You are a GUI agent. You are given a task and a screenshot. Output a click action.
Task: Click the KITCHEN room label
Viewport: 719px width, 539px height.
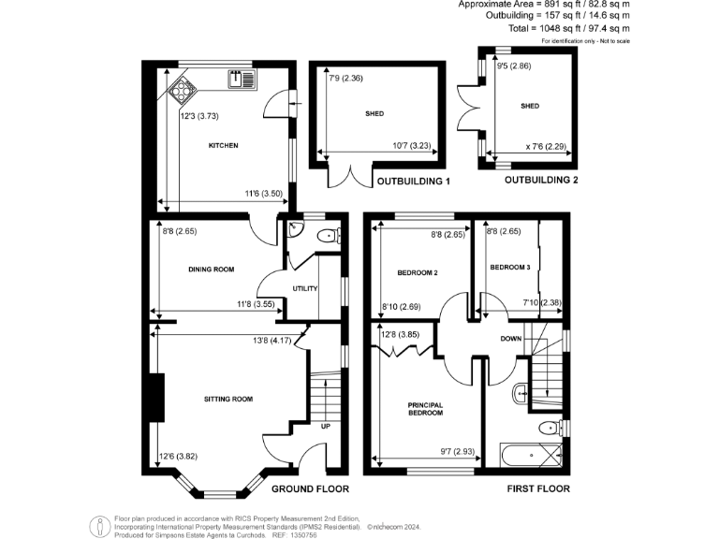pyautogui.click(x=223, y=146)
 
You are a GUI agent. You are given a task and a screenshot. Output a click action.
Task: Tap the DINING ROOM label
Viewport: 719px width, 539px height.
pyautogui.click(x=211, y=269)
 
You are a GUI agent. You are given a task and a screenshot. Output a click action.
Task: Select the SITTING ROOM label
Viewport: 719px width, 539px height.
pyautogui.click(x=228, y=400)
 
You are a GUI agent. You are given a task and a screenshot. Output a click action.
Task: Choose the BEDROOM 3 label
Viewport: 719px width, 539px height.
pyautogui.click(x=510, y=268)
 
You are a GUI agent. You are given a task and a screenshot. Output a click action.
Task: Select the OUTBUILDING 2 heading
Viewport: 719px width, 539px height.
pyautogui.click(x=542, y=180)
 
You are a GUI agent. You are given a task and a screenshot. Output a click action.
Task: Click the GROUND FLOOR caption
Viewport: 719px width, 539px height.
pyautogui.click(x=310, y=488)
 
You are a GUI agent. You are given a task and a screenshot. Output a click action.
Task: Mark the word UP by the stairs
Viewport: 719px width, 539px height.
pyautogui.click(x=326, y=426)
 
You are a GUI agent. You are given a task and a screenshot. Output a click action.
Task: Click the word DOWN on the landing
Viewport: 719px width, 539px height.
pyautogui.click(x=510, y=338)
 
